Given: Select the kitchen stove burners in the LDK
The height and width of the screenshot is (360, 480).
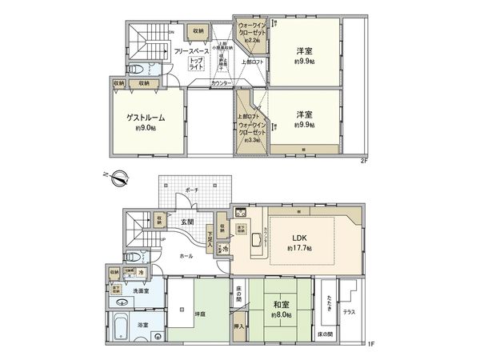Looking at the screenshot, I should pos(241,214).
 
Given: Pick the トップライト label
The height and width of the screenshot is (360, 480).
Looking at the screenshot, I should pos(196,62).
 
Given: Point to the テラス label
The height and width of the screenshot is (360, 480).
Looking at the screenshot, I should pos(350,311).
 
